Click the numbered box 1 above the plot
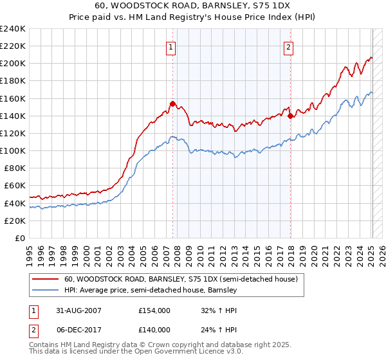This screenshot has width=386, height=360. (172, 46)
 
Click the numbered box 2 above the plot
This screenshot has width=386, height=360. (289, 46)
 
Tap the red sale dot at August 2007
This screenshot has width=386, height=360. (172, 104)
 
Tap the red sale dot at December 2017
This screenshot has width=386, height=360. (290, 116)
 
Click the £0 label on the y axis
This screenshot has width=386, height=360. (19, 238)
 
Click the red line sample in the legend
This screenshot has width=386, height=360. (44, 280)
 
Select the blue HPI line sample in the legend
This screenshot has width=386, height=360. (44, 291)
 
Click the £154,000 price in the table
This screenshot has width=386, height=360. (154, 310)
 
